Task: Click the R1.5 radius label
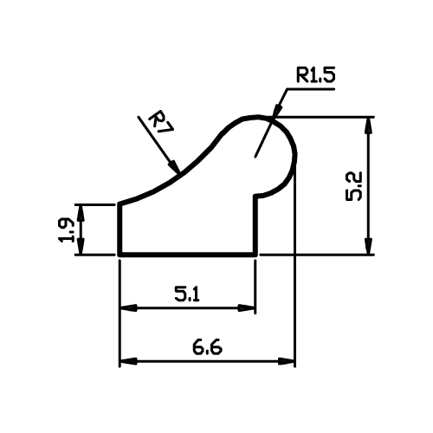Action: click(x=315, y=75)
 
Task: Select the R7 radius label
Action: click(x=160, y=123)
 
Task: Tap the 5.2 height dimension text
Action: click(x=353, y=186)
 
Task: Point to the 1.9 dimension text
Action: click(x=66, y=230)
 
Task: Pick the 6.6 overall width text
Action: click(x=207, y=347)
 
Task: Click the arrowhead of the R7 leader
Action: click(x=174, y=167)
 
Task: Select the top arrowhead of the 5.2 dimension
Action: click(x=368, y=126)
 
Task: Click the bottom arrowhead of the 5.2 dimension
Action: click(x=368, y=247)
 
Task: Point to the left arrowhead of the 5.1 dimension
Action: click(x=128, y=307)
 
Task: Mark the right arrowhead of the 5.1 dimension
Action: click(x=247, y=307)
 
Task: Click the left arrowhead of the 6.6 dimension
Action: click(x=128, y=361)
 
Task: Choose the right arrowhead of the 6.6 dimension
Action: click(x=286, y=361)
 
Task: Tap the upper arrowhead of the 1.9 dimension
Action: click(x=81, y=213)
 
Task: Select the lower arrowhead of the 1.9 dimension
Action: click(x=81, y=247)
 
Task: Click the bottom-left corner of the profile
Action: click(x=120, y=255)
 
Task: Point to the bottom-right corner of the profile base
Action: click(x=255, y=255)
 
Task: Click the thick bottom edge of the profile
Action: click(x=188, y=255)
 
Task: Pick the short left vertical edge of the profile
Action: click(x=120, y=229)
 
